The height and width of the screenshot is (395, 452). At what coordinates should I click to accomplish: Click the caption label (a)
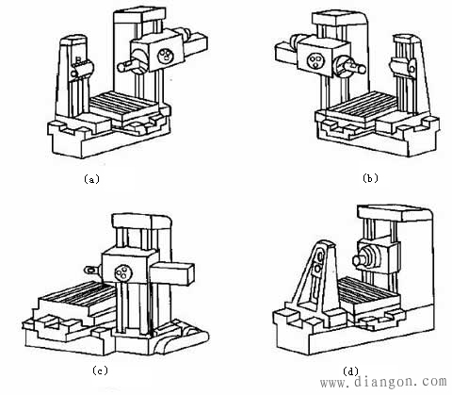(x=91, y=179)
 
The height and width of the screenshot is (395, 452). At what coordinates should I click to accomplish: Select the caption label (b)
(x=370, y=178)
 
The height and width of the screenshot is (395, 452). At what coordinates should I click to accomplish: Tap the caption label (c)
(x=100, y=370)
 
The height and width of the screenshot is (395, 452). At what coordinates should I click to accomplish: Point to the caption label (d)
(x=350, y=371)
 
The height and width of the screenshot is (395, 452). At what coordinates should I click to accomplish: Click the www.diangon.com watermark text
(x=383, y=382)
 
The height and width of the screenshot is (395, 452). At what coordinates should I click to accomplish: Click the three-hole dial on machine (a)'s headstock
(x=166, y=57)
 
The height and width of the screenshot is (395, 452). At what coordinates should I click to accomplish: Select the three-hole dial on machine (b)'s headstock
(x=315, y=60)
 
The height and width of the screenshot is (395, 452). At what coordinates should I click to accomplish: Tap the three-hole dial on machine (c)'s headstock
(x=123, y=272)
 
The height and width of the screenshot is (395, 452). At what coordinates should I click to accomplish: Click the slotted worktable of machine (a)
(x=124, y=106)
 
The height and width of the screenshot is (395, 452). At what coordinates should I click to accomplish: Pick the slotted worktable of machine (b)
(x=361, y=107)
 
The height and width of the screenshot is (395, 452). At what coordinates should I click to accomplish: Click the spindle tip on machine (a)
(x=121, y=67)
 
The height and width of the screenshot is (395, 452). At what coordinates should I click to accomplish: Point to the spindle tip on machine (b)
(x=362, y=69)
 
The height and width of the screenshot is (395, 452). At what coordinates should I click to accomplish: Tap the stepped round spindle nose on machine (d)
(x=366, y=257)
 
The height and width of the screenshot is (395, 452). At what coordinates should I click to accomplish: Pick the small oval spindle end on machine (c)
(x=89, y=270)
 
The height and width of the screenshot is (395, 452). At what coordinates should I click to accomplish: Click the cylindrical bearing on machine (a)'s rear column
(x=82, y=69)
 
